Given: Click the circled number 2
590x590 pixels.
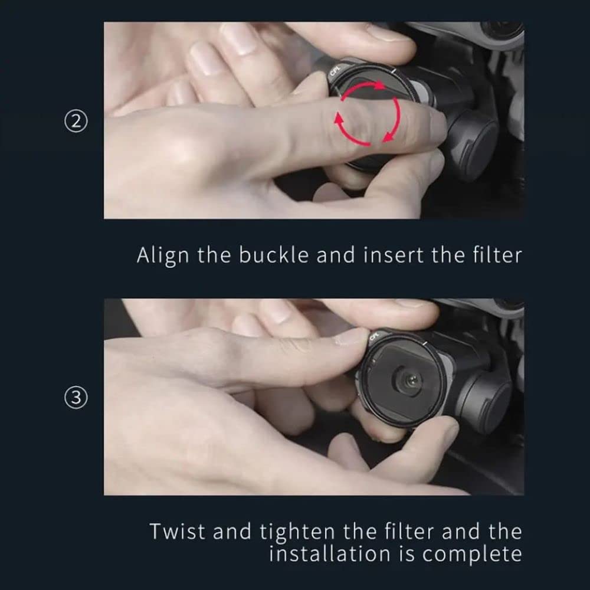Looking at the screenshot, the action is (x=76, y=122).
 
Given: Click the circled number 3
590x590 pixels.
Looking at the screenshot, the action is (x=76, y=397).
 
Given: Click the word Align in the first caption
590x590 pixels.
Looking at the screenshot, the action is (x=163, y=256).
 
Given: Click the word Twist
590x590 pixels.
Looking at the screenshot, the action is (x=178, y=532).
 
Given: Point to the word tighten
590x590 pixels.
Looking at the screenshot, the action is (x=297, y=532).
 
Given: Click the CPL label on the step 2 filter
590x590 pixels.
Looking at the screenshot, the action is (x=335, y=71).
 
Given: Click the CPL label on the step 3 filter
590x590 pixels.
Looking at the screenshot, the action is (x=374, y=336).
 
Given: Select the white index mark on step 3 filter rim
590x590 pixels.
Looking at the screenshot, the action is (x=424, y=343).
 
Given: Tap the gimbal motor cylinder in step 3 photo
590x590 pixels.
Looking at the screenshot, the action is (x=486, y=407).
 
